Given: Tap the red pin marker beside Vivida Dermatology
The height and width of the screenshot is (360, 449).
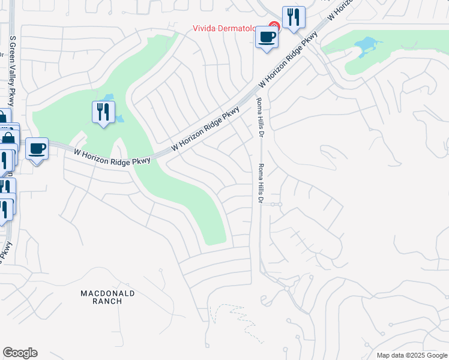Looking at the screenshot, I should (274, 27).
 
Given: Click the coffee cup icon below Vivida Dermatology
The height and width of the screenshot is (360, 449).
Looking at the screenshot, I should (267, 37).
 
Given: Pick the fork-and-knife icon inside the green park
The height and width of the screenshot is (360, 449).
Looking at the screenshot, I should (103, 112).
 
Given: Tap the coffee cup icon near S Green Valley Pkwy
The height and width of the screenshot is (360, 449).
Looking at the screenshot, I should (37, 148).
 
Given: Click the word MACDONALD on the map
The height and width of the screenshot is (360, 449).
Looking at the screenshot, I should (108, 293).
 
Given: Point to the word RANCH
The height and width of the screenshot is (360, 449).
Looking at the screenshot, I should (108, 301).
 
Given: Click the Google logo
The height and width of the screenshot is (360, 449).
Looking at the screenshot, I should (20, 353).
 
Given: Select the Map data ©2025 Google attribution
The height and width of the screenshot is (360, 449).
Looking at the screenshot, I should (411, 355).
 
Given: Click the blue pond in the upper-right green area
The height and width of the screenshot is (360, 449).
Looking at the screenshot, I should (366, 46).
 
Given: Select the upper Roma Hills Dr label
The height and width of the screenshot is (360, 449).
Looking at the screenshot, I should (260, 117).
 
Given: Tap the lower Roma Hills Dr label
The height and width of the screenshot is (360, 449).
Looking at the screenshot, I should (261, 183).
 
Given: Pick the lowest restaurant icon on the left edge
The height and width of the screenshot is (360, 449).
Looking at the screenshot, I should (4, 209).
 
